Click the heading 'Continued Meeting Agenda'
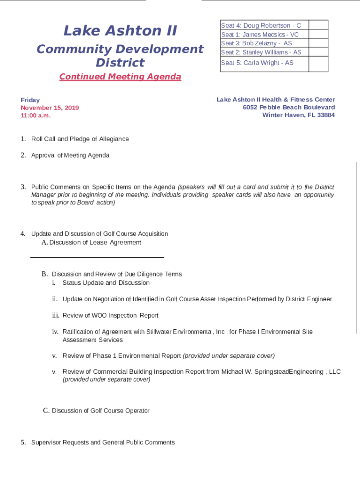click(x=120, y=77)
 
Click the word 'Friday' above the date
click(x=30, y=100)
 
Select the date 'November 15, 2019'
click(x=50, y=108)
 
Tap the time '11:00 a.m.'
click(x=36, y=116)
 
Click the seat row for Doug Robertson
click(x=261, y=26)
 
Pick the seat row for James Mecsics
click(x=259, y=35)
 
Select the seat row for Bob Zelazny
click(x=256, y=44)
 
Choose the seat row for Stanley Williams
click(x=261, y=52)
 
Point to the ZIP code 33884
click(x=325, y=116)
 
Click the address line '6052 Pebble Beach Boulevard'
click(x=288, y=108)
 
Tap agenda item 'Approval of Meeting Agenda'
click(x=70, y=155)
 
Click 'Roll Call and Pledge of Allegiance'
click(x=80, y=139)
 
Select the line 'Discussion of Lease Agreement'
click(x=95, y=242)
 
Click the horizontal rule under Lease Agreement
click(x=97, y=257)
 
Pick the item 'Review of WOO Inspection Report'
click(x=110, y=316)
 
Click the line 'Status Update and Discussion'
click(x=106, y=283)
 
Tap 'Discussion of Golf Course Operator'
click(x=101, y=411)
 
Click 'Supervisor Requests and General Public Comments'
click(x=103, y=443)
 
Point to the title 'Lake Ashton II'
click(x=120, y=31)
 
